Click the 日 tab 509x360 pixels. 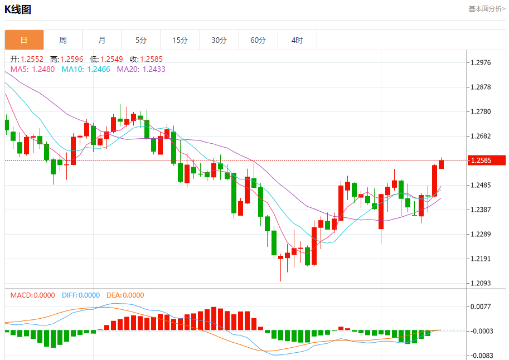pyautogui.click(x=24, y=40)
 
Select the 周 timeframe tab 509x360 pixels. pyautogui.click(x=63, y=40)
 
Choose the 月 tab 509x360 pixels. pyautogui.click(x=102, y=40)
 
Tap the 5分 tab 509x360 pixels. pyautogui.click(x=141, y=40)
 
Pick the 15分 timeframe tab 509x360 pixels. pyautogui.click(x=180, y=40)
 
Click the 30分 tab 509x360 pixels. pyautogui.click(x=219, y=40)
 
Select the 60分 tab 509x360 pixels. pyautogui.click(x=258, y=40)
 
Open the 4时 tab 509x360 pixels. pyautogui.click(x=297, y=40)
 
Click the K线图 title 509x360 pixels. pyautogui.click(x=18, y=9)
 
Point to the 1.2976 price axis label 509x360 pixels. pyautogui.click(x=481, y=62)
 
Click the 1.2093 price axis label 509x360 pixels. pyautogui.click(x=481, y=283)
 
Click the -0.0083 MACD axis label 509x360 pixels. pyautogui.click(x=480, y=356)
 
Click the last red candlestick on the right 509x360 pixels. pyautogui.click(x=441, y=164)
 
